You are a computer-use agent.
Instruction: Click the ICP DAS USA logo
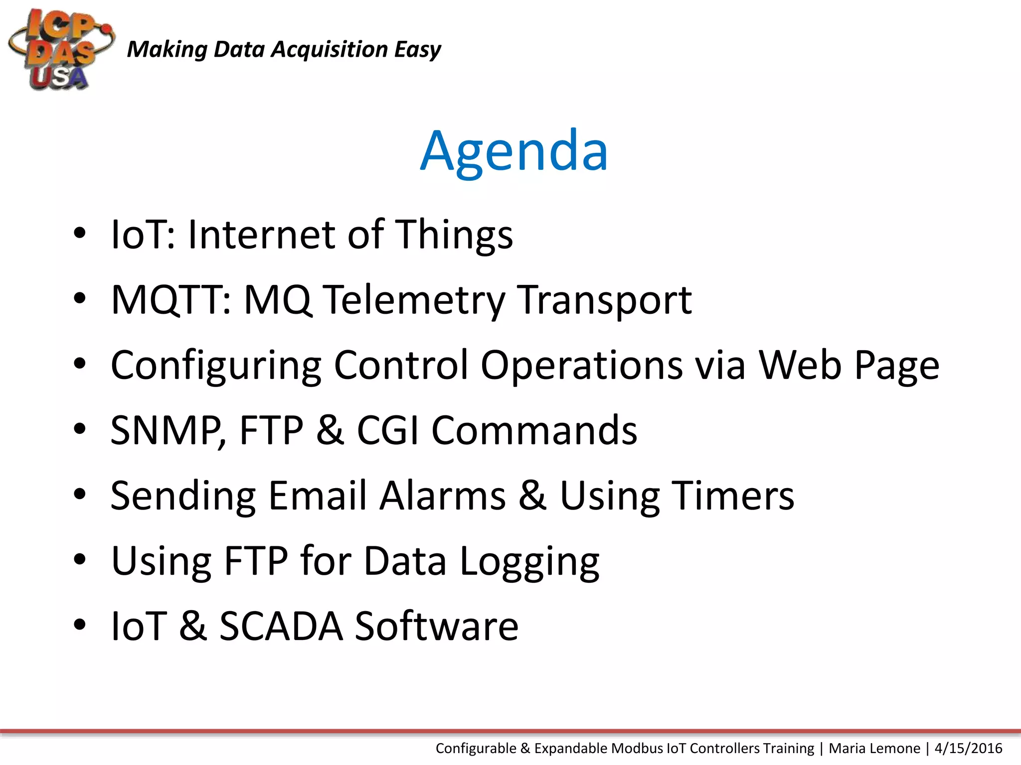(x=61, y=50)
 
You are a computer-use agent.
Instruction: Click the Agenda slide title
(x=514, y=150)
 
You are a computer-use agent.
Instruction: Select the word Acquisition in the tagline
(x=329, y=50)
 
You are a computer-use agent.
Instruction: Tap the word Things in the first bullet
(x=454, y=235)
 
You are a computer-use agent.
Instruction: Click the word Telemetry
(x=414, y=300)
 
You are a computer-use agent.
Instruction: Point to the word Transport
(x=604, y=300)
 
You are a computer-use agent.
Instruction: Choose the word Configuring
(x=216, y=366)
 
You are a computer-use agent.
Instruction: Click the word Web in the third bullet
(x=800, y=366)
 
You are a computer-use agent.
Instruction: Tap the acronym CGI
(x=387, y=431)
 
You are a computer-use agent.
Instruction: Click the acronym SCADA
(x=281, y=627)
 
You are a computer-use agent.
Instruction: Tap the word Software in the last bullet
(x=436, y=627)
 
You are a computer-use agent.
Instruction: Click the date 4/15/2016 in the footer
(x=968, y=749)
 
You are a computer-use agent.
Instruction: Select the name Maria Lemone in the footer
(x=874, y=749)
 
